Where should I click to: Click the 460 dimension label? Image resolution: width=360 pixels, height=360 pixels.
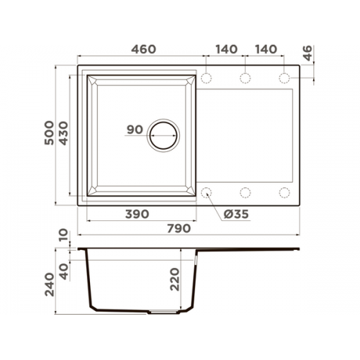143,49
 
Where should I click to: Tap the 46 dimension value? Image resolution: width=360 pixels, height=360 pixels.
307,53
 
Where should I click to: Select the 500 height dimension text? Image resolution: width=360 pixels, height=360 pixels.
49,132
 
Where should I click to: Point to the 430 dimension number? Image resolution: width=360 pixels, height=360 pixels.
63,133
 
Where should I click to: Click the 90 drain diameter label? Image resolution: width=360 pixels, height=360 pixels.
135,130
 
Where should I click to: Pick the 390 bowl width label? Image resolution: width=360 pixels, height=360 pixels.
137,214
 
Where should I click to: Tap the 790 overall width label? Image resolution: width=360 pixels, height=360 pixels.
179,228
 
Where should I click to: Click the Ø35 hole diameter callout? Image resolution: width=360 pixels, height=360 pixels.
236,214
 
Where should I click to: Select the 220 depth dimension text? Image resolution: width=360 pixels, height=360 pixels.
174,279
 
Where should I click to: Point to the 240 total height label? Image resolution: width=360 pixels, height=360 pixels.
50,284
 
